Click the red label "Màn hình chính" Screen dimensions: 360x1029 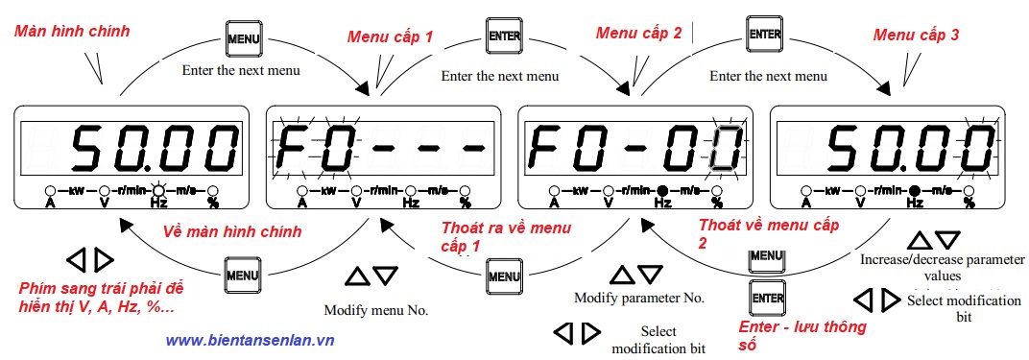72,31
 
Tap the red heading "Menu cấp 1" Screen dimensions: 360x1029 390,36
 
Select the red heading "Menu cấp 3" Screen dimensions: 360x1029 916,35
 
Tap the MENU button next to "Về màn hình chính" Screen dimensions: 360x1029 242,276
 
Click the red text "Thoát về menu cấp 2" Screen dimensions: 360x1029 768,233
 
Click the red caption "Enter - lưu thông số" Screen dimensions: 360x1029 802,335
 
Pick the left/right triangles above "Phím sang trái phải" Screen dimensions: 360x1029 90,259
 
